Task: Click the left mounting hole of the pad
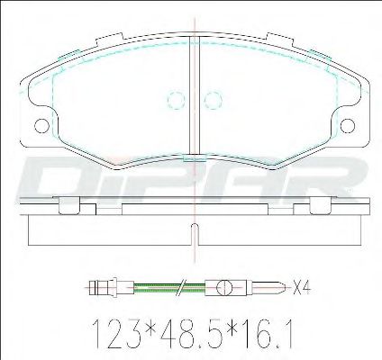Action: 41,126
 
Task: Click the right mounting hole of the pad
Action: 348,126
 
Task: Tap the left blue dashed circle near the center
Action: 176,100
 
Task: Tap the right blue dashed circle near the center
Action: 213,100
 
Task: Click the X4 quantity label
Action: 301,287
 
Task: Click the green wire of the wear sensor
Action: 169,287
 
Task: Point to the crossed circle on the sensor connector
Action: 224,288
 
